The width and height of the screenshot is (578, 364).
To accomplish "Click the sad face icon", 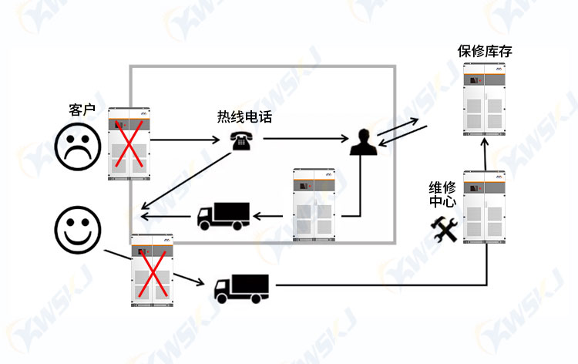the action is point(78,147).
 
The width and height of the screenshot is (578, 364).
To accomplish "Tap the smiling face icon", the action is point(78,230).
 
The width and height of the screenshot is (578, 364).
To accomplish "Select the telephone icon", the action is point(241,141).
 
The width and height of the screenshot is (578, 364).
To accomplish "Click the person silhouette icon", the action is point(364,142).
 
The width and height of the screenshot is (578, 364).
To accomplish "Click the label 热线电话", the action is point(244,117).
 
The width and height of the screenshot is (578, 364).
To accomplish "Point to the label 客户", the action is point(82,110).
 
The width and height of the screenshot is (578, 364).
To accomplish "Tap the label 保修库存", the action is point(485,51).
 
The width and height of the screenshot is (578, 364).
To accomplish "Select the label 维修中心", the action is point(442,194).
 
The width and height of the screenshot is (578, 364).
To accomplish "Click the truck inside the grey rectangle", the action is point(223,216).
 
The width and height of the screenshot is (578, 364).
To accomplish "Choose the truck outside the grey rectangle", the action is point(241,288).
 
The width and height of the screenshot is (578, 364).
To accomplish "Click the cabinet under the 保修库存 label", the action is point(484,99).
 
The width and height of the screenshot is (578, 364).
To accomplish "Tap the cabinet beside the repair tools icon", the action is point(484,207).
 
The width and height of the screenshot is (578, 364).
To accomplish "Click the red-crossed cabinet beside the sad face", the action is point(129,144).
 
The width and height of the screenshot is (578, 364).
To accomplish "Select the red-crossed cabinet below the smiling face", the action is point(153,271).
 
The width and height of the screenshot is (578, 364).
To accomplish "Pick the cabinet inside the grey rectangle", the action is point(314,205).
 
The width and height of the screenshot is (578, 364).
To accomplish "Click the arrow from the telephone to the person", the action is point(306,139).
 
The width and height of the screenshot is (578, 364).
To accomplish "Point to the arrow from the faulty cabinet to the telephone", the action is point(185,140).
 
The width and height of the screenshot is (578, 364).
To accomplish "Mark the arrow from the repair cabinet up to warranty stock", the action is point(485,154).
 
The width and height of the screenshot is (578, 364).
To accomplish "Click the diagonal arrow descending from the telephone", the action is point(186,180).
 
